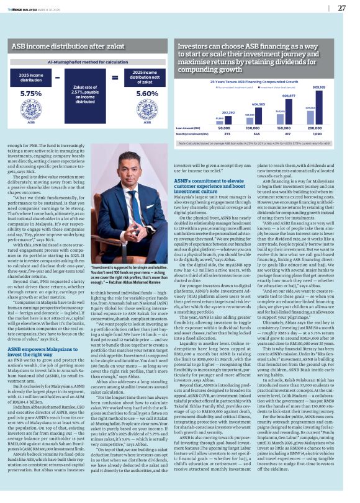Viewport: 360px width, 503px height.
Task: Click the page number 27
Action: pyautogui.click(x=341, y=8)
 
